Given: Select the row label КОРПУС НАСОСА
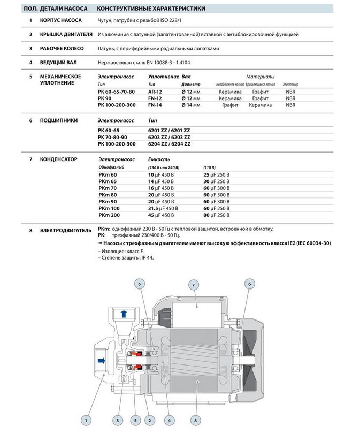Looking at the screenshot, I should [x=60, y=20].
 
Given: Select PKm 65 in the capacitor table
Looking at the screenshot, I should [x=108, y=181].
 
